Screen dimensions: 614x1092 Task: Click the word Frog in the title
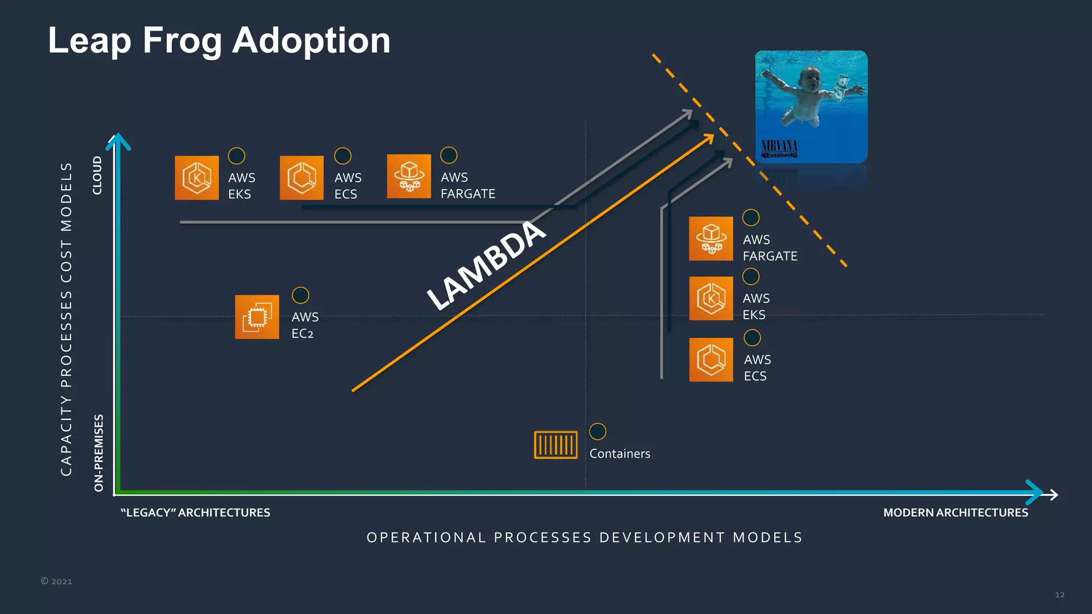pos(182,42)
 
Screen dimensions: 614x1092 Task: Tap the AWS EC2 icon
pos(257,317)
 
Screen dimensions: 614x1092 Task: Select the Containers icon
pos(556,445)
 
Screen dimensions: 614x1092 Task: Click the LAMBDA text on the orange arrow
pos(486,265)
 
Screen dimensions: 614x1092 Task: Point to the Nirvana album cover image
pos(811,107)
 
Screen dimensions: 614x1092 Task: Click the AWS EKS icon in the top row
pos(197,178)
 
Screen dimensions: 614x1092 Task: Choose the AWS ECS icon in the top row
pos(302,178)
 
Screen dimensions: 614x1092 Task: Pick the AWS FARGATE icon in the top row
pos(409,176)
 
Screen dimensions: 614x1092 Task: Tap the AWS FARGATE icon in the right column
pos(711,239)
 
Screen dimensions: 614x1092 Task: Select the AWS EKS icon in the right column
pos(711,298)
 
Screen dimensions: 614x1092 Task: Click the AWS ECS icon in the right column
pos(711,360)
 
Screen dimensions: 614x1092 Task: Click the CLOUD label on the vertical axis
pos(97,175)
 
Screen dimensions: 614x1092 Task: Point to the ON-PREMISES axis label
pos(99,453)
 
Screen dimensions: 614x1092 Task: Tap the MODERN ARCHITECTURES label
pos(955,513)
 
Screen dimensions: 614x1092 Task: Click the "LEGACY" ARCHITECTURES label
pos(195,513)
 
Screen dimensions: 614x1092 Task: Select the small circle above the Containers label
pos(598,431)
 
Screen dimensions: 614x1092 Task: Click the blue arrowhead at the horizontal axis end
pos(1034,492)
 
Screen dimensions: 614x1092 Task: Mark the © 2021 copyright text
pos(57,581)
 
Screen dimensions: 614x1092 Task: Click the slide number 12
pos(1059,595)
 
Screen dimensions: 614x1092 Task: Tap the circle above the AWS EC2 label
pos(301,295)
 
